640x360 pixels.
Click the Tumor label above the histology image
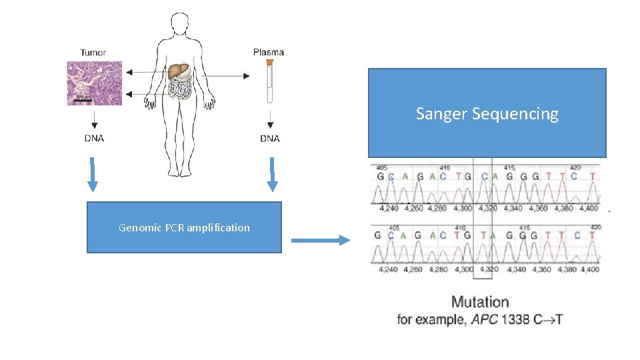(x=93, y=53)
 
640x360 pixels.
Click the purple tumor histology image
(x=94, y=83)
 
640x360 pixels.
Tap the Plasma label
(x=269, y=52)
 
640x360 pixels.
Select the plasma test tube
(x=270, y=81)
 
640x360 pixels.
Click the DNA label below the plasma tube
(x=270, y=139)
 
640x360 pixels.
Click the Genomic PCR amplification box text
(x=184, y=227)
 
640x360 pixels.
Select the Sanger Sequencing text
(x=487, y=114)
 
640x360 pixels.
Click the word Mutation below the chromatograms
(x=480, y=302)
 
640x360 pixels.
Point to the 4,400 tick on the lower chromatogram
(x=589, y=269)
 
